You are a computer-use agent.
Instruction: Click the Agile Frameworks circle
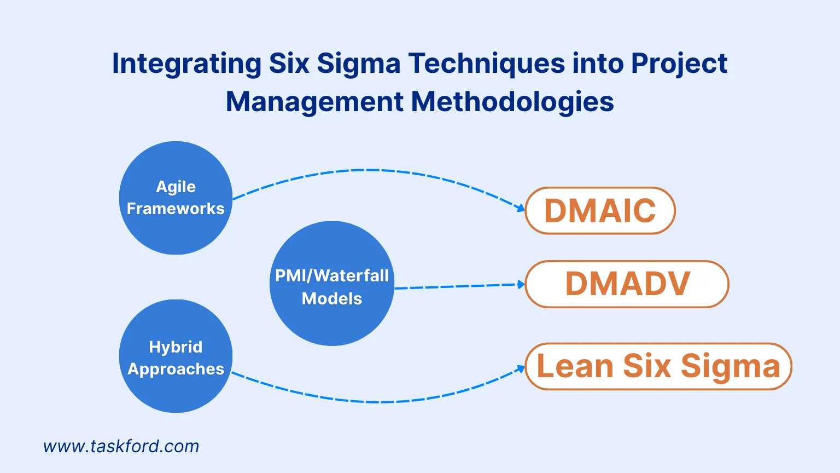click(x=176, y=198)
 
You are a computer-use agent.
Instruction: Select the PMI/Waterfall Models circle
click(x=332, y=284)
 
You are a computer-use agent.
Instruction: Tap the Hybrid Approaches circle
click(x=176, y=356)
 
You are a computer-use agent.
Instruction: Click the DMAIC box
click(x=600, y=211)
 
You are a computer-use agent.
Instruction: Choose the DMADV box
click(x=627, y=284)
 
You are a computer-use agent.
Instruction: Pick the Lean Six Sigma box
click(x=658, y=366)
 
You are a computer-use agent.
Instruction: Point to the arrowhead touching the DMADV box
click(x=521, y=284)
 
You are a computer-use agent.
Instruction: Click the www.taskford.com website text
click(x=121, y=446)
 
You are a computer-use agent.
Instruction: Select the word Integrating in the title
click(x=186, y=64)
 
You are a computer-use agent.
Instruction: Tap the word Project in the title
click(x=679, y=64)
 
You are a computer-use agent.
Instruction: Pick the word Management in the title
click(x=314, y=102)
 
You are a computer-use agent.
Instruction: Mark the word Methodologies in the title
click(x=512, y=102)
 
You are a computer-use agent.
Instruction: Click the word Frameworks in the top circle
click(x=176, y=209)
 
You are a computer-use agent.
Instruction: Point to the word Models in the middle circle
click(x=332, y=298)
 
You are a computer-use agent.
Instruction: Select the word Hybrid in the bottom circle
click(x=176, y=347)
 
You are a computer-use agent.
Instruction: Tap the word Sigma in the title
click(x=359, y=64)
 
